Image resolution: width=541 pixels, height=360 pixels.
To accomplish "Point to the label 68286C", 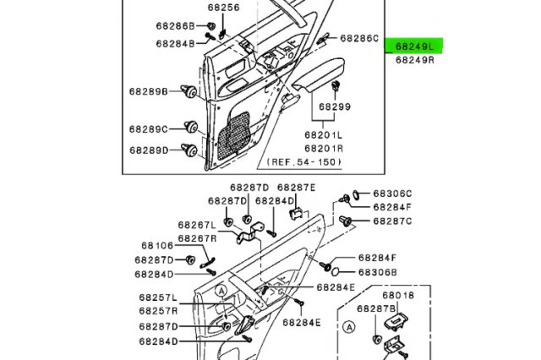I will [359, 38].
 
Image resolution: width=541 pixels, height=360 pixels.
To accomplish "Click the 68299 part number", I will [334, 108].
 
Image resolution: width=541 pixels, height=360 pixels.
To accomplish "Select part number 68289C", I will [148, 128].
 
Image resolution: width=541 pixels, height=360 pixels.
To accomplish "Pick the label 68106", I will [154, 245].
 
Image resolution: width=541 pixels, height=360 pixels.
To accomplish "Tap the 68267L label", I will [197, 225].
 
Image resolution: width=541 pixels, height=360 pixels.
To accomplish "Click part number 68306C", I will [392, 194].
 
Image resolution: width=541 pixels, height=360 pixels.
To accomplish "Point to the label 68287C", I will [392, 221].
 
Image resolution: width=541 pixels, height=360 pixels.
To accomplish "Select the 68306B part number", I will [377, 272].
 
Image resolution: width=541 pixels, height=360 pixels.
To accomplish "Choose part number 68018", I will [397, 296].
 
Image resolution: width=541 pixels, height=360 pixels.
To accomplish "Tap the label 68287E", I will [296, 188].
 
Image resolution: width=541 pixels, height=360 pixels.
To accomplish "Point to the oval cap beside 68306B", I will [336, 272].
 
